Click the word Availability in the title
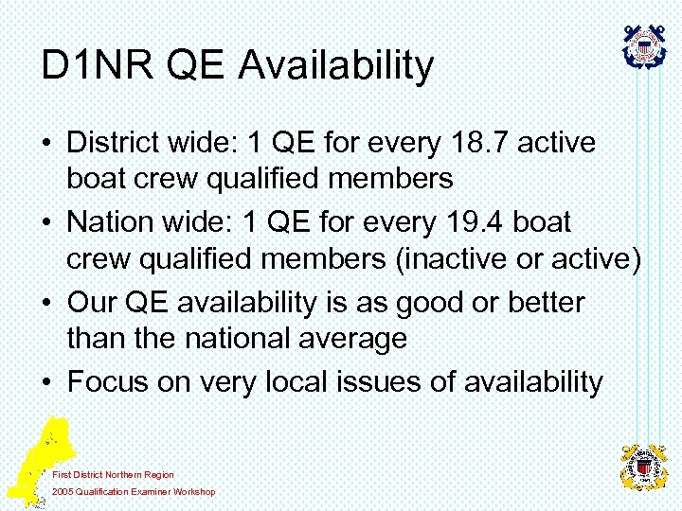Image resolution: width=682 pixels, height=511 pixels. pyautogui.click(x=336, y=65)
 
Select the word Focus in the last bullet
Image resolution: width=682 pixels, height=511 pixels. pyautogui.click(x=105, y=381)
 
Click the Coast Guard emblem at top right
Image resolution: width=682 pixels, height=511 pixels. pyautogui.click(x=644, y=44)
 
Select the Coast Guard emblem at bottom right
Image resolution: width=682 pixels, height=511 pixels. pyautogui.click(x=644, y=466)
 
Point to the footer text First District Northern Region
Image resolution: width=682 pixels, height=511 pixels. pyautogui.click(x=113, y=474)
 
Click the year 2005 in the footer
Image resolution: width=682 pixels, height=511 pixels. pyautogui.click(x=63, y=491)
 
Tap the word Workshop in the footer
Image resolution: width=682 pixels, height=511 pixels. pyautogui.click(x=193, y=491)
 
